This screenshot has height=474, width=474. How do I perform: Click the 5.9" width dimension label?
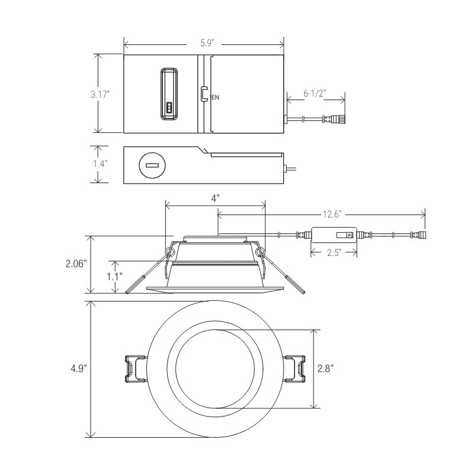pyautogui.click(x=207, y=43)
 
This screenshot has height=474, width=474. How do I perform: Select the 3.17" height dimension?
pyautogui.click(x=100, y=94)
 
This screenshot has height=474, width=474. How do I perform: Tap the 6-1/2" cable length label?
pyautogui.click(x=315, y=93)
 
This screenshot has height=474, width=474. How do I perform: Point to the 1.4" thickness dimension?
pyautogui.click(x=100, y=164)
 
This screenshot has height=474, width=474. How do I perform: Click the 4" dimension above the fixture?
pyautogui.click(x=215, y=198)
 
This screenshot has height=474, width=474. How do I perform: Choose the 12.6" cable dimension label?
pyautogui.click(x=332, y=214)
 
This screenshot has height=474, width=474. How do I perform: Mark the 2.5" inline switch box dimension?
pyautogui.click(x=334, y=252)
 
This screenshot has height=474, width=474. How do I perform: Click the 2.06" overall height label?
pyautogui.click(x=76, y=264)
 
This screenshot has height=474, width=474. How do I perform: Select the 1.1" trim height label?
pyautogui.click(x=114, y=277)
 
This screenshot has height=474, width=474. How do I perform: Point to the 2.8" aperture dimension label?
pyautogui.click(x=325, y=369)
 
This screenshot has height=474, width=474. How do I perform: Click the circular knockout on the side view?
pyautogui.click(x=152, y=165)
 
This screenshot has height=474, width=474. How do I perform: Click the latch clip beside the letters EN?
pyautogui.click(x=204, y=94)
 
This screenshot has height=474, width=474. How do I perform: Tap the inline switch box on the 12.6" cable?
pyautogui.click(x=334, y=235)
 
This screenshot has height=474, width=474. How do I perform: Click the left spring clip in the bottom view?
pyautogui.click(x=135, y=369)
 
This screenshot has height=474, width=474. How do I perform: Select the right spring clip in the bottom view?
pyautogui.click(x=294, y=369)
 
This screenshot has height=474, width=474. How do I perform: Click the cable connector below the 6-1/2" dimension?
pyautogui.click(x=334, y=120)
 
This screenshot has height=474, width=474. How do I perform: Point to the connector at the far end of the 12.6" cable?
pyautogui.click(x=419, y=235)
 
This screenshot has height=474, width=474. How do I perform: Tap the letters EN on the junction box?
pyautogui.click(x=215, y=98)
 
